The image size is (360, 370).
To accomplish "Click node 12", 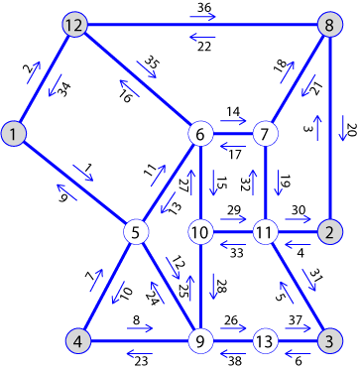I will (x=72, y=25).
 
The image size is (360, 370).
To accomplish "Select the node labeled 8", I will (x=329, y=25).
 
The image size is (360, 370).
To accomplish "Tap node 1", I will (x=13, y=133).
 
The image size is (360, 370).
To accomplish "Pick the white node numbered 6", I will (x=201, y=133).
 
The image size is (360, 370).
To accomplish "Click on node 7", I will (x=265, y=133).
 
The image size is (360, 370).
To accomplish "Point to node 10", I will (x=201, y=232).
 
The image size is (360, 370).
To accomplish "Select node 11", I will (x=265, y=232).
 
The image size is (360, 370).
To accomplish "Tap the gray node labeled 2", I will (x=329, y=232).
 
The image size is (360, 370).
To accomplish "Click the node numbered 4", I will (x=79, y=341).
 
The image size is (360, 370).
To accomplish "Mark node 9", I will (x=201, y=341).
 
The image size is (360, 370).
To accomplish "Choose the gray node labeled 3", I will (x=329, y=341).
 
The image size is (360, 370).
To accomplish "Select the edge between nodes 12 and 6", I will (x=137, y=79).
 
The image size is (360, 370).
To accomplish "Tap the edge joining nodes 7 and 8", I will (x=297, y=79).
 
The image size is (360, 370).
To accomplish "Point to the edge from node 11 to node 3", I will (x=297, y=287).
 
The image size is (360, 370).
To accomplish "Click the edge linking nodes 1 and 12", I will (x=43, y=79).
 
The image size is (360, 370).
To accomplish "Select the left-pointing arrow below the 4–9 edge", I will (x=139, y=354).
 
